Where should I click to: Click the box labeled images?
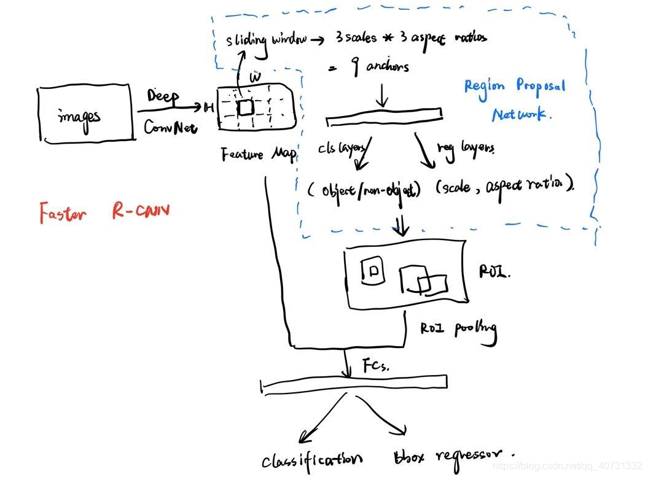click(x=84, y=115)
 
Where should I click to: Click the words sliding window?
click(x=265, y=41)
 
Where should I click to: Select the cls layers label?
click(x=343, y=149)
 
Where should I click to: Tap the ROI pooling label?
click(x=458, y=329)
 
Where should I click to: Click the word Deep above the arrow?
click(x=163, y=97)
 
